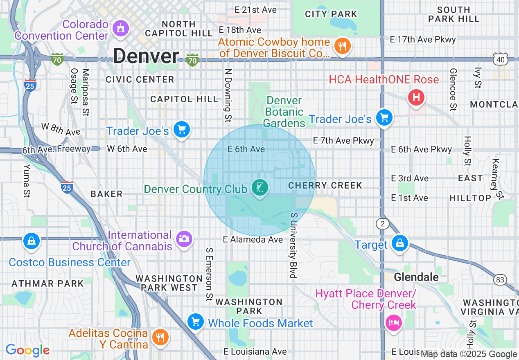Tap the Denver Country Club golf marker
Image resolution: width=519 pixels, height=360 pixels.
pyautogui.click(x=260, y=188)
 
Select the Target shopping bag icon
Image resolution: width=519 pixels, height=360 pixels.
pyautogui.click(x=399, y=243)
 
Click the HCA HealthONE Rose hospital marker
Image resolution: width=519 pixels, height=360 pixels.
pyautogui.click(x=416, y=97)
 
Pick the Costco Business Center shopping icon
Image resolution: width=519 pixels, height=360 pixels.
pyautogui.click(x=31, y=241)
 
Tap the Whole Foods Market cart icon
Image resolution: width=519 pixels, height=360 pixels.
pyautogui.click(x=196, y=322)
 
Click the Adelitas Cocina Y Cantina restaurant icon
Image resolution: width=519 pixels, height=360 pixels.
pyautogui.click(x=158, y=337)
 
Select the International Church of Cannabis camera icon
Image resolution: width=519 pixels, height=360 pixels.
pyautogui.click(x=183, y=238)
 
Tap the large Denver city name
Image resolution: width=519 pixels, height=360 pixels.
pyautogui.click(x=146, y=56)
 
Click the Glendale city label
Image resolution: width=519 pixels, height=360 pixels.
pyautogui.click(x=416, y=277)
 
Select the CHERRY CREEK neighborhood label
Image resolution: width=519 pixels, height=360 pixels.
pyautogui.click(x=325, y=185)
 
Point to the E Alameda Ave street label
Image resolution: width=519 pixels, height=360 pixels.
pyautogui.click(x=253, y=239)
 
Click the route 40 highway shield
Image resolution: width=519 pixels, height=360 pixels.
pyautogui.click(x=500, y=60)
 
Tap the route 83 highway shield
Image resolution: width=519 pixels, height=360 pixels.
pyautogui.click(x=500, y=280)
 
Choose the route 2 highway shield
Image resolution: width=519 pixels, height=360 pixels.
pyautogui.click(x=382, y=223)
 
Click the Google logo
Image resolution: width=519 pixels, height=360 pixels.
pyautogui.click(x=27, y=350)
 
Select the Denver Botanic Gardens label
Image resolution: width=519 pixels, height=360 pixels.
pyautogui.click(x=284, y=112)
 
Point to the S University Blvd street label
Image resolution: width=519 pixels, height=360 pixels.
pyautogui.click(x=293, y=245)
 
